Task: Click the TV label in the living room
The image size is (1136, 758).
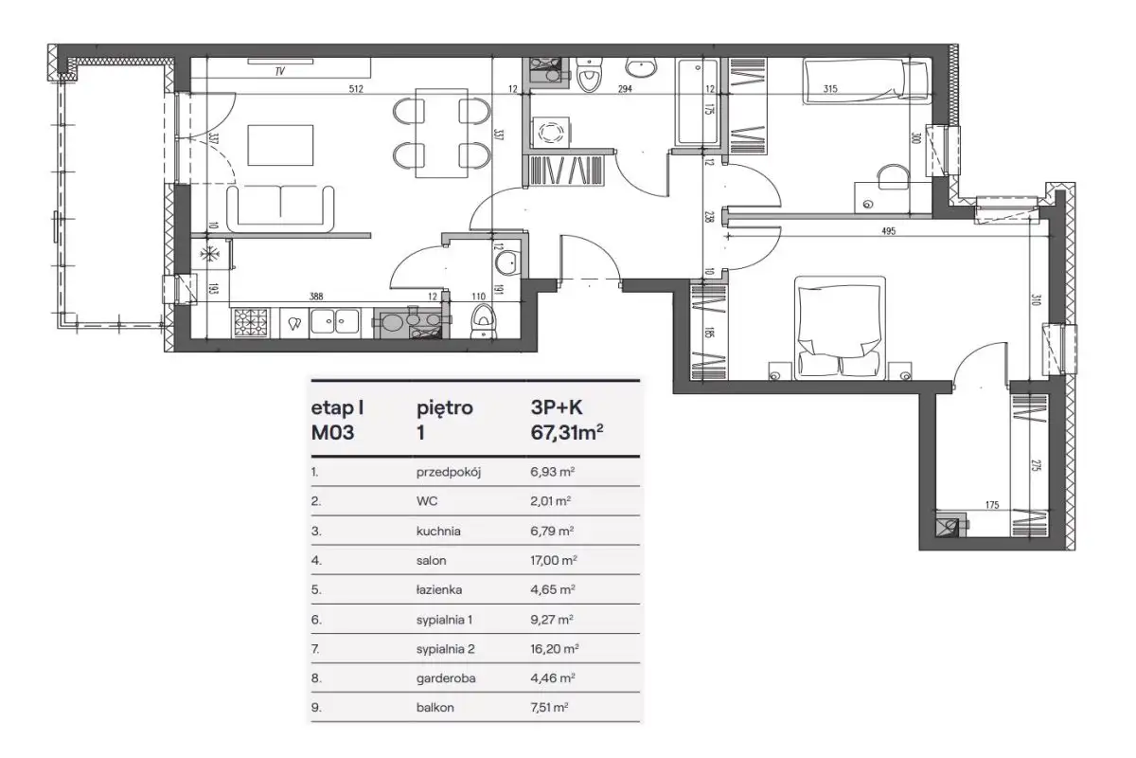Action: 279,72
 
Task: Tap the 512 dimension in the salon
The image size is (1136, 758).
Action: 356,89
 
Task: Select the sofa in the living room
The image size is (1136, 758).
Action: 280,208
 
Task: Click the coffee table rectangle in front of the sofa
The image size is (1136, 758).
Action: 280,145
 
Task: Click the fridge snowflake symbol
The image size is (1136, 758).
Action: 207,254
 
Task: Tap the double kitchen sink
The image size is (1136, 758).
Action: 335,321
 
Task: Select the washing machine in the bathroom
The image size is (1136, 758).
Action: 550,133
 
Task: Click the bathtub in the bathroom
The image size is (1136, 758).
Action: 698,102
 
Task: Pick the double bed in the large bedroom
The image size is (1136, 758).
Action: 840,328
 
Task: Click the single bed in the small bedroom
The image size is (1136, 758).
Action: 865,81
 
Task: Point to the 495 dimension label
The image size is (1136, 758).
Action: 889,231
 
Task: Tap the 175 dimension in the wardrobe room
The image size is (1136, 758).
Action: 992,505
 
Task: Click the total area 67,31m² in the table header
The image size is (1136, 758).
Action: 567,432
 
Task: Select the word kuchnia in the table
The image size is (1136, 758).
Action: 438,531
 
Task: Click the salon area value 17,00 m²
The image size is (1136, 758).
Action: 554,560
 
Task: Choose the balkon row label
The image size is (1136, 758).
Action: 435,707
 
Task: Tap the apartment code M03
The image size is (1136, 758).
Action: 332,433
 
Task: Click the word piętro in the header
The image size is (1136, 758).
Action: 445,408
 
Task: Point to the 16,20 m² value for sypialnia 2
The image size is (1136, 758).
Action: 555,648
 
